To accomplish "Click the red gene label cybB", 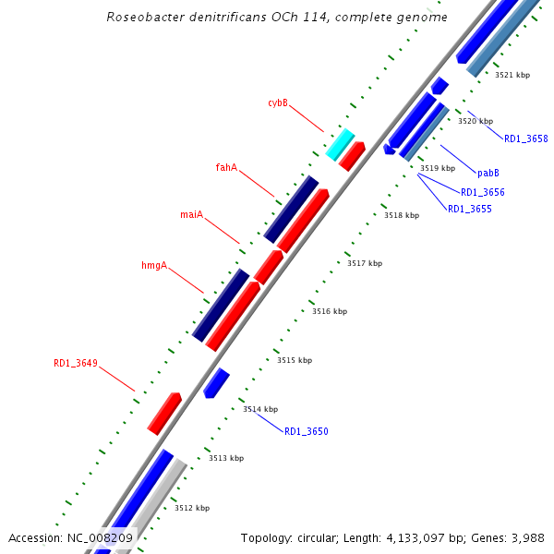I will point(278,103).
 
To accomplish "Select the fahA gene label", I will point(226,168).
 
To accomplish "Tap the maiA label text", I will point(191,215).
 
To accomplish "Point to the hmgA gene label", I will point(154,266).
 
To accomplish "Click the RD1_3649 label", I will point(76,364).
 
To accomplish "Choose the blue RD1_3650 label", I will point(306,432).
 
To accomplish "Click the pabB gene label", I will point(488,173).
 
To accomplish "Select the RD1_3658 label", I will point(525,139).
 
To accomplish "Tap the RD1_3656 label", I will point(482,192).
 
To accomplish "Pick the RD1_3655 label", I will point(469,210).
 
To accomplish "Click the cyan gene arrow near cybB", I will point(340,144).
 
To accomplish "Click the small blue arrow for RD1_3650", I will point(216,382).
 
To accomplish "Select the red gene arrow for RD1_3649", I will point(164,413).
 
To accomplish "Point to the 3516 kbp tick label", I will point(330,312).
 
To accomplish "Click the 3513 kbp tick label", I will point(226,458).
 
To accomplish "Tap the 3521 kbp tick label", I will point(512,75).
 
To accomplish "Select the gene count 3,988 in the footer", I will point(525,537).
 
